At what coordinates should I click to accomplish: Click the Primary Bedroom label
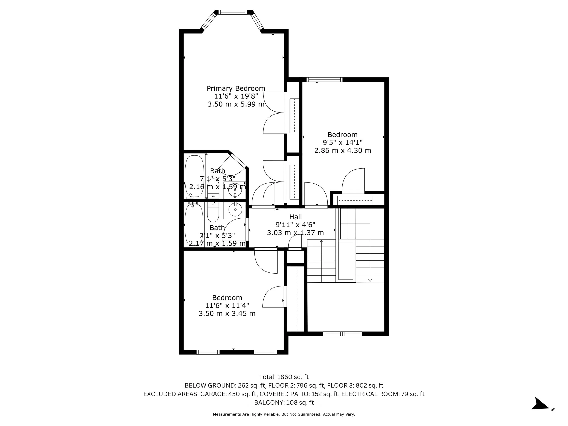pos(236,88)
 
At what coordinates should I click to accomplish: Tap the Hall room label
pos(295,217)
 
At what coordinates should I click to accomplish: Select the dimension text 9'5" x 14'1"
pos(343,142)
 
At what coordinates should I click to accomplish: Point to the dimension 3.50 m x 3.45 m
pos(227,314)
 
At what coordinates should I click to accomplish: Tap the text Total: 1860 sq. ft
pos(284,377)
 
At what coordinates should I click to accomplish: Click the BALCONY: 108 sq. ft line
pos(284,402)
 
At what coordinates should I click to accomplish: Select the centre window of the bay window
pos(232,12)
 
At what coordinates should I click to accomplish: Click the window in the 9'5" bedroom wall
pos(325,80)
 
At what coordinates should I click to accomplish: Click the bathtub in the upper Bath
pos(194,176)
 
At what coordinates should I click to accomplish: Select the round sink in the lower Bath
pos(235,210)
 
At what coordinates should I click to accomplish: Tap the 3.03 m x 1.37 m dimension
pos(295,233)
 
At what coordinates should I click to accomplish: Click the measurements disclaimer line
pos(284,414)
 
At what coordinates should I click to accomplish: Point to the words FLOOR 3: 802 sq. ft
pos(355,385)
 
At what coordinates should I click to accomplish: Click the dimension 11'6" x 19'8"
pos(236,96)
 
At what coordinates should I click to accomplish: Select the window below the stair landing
pos(343,334)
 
